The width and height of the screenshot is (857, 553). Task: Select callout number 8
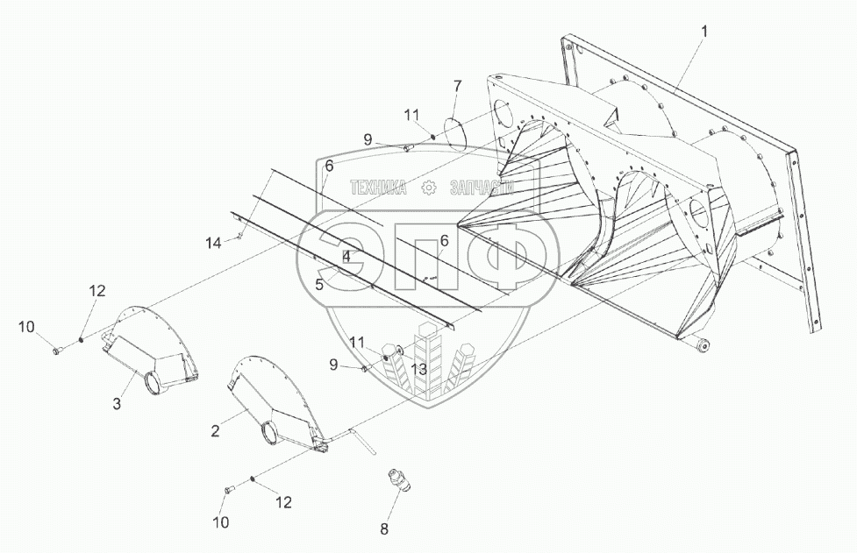click(x=382, y=528)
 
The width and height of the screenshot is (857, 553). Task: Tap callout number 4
click(x=346, y=257)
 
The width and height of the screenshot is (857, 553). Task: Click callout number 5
click(x=319, y=285)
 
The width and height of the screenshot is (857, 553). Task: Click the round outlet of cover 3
click(x=152, y=383)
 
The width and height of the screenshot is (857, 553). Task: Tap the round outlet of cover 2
click(x=272, y=432)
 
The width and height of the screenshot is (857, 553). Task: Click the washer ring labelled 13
click(x=400, y=351)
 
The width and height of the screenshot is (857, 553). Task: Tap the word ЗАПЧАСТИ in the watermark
click(x=482, y=188)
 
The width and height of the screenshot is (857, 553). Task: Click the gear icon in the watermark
click(x=429, y=188)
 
